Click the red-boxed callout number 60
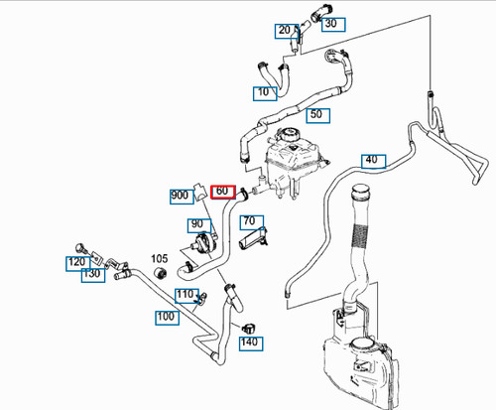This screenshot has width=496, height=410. pyautogui.click(x=223, y=192)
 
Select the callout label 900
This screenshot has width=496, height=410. pyautogui.click(x=182, y=197)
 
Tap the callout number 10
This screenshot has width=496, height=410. pyautogui.click(x=265, y=93)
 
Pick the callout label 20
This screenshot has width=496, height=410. pyautogui.click(x=287, y=31)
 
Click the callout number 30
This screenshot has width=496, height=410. pyautogui.click(x=333, y=25)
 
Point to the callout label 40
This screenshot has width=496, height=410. pyautogui.click(x=374, y=161)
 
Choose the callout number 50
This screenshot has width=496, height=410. pyautogui.click(x=317, y=115)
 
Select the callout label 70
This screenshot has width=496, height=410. pyautogui.click(x=252, y=222)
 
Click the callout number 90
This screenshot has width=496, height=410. pyautogui.click(x=199, y=225)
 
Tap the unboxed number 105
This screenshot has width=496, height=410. pyautogui.click(x=160, y=258)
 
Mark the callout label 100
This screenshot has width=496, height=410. pyautogui.click(x=168, y=318)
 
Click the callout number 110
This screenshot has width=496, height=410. pyautogui.click(x=186, y=296)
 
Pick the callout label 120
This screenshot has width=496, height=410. pyautogui.click(x=77, y=264)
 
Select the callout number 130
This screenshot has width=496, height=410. pyautogui.click(x=93, y=275)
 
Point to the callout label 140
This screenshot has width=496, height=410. pyautogui.click(x=251, y=343)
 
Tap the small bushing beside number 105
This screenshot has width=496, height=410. pyautogui.click(x=161, y=273)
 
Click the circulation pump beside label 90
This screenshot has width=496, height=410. pyautogui.click(x=204, y=245)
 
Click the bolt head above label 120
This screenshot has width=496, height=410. pyautogui.click(x=80, y=247)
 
